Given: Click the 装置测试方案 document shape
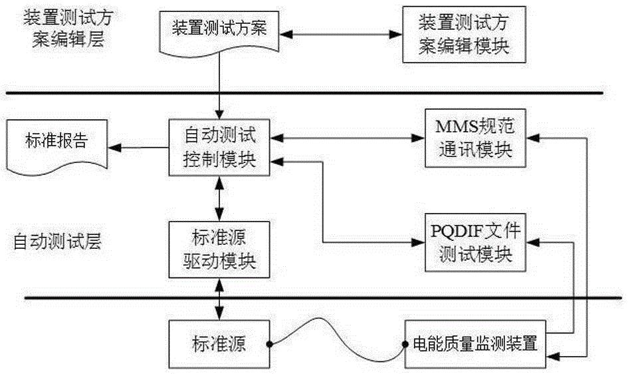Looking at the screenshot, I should point(219,31).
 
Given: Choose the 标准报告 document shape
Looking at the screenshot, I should point(56,143).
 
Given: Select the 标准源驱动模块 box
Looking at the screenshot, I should point(219,249).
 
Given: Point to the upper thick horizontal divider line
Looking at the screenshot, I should point(306,93).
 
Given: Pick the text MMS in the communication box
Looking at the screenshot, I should point(453,126).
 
